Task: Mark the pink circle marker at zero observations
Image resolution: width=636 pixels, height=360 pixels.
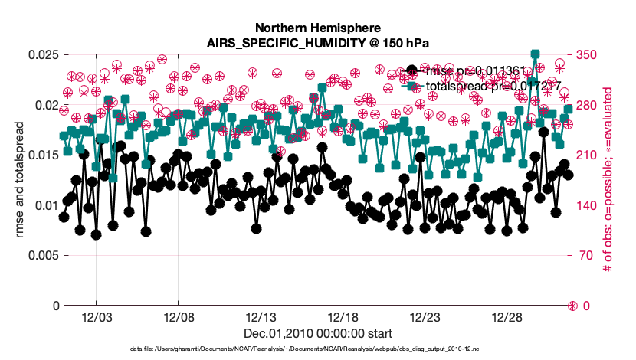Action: [572, 306]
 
